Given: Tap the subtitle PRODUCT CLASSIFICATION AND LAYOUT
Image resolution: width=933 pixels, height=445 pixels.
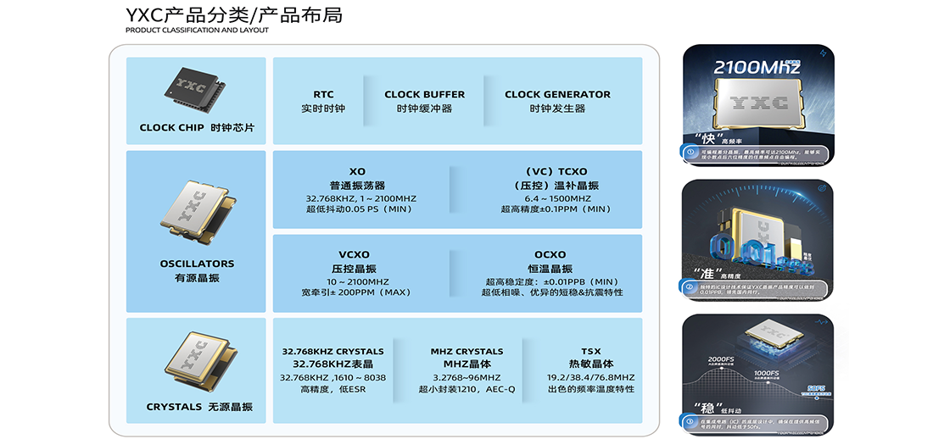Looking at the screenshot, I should click(x=197, y=31).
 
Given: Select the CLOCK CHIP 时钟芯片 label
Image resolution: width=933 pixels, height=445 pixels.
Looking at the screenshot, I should click(x=197, y=128).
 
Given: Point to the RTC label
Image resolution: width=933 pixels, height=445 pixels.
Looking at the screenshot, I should click(x=323, y=94).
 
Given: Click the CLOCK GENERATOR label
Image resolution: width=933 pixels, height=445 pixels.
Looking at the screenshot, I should click(x=557, y=94).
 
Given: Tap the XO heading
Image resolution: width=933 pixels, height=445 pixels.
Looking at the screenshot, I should click(x=357, y=171).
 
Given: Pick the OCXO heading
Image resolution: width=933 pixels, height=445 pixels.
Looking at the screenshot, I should click(x=551, y=254).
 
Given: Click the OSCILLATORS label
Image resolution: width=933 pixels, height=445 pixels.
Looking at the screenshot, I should click(x=197, y=264).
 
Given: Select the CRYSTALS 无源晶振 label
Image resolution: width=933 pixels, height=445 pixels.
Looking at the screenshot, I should click(x=199, y=407).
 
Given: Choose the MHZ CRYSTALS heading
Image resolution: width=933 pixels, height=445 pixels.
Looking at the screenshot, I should click(x=466, y=351).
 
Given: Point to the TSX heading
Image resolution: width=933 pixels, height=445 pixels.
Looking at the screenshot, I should click(x=590, y=351).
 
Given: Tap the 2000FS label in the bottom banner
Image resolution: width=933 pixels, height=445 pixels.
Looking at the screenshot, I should click(x=721, y=359).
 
